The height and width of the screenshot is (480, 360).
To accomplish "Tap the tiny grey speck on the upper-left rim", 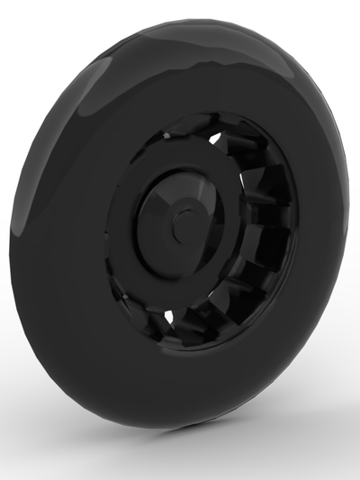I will click(x=166, y=134).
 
